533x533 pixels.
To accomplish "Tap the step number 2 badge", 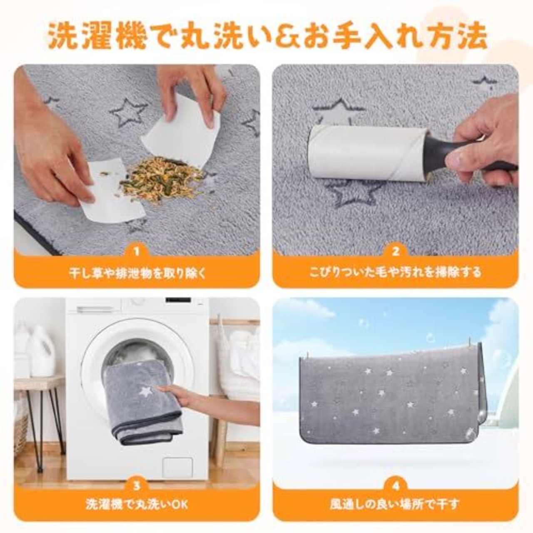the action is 396,252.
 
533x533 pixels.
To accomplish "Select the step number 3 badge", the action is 136,486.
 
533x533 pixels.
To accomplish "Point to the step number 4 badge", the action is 396,486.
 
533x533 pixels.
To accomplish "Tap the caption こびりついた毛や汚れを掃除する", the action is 396,272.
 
